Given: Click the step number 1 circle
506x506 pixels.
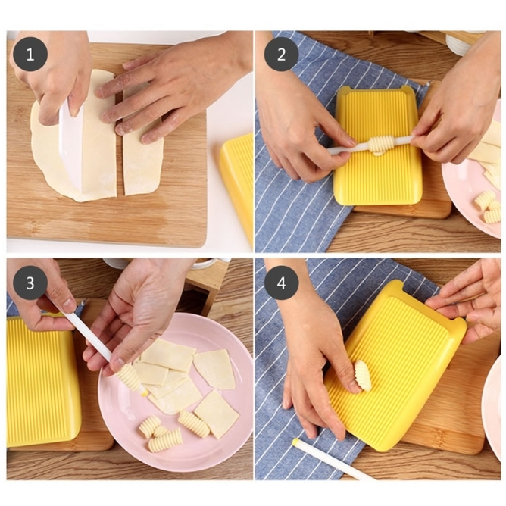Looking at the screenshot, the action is tap(30, 55).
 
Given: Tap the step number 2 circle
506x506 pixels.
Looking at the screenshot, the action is tap(281, 55).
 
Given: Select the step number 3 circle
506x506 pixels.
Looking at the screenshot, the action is tap(30, 283).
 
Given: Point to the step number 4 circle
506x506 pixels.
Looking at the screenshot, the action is tap(281, 283).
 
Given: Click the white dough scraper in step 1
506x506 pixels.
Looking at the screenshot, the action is tap(73, 145).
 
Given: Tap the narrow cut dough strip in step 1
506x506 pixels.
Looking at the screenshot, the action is tap(142, 151).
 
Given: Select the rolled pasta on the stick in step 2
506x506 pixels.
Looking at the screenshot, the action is tap(382, 145).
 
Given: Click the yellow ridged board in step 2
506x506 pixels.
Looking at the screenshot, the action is tap(378, 145).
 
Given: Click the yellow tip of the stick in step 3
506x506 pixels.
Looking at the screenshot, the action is tap(145, 393).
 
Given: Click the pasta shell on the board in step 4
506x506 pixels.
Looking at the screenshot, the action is tap(364, 375).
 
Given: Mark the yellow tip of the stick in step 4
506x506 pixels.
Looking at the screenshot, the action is tap(295, 441).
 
